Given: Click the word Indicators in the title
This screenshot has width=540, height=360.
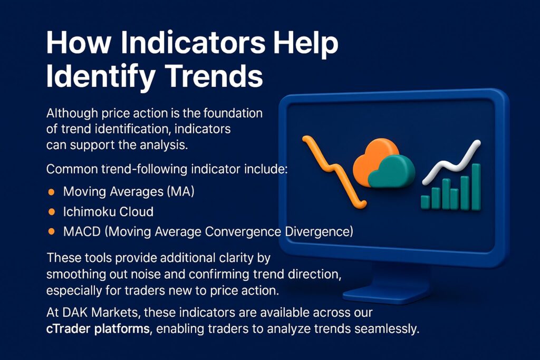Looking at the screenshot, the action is tap(193, 43).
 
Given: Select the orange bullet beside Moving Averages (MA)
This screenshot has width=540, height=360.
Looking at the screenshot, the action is tap(51, 192).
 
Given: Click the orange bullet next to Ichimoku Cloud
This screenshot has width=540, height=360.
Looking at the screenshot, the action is tap(51, 212).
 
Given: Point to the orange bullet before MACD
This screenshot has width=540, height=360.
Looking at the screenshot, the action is tap(51, 231).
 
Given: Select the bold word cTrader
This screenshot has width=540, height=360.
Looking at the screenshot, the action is tap(69, 329).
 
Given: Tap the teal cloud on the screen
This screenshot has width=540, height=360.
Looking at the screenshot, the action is tap(392, 171).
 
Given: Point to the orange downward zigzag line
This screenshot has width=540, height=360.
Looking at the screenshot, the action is tap(333, 171).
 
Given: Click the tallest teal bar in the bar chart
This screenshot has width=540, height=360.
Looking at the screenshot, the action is tap(476, 187).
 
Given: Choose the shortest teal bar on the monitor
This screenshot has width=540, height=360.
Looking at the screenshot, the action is tap(426, 202).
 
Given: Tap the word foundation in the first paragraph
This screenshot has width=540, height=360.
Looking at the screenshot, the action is tap(233, 113).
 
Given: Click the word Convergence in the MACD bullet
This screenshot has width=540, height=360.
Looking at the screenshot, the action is tap(243, 231).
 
